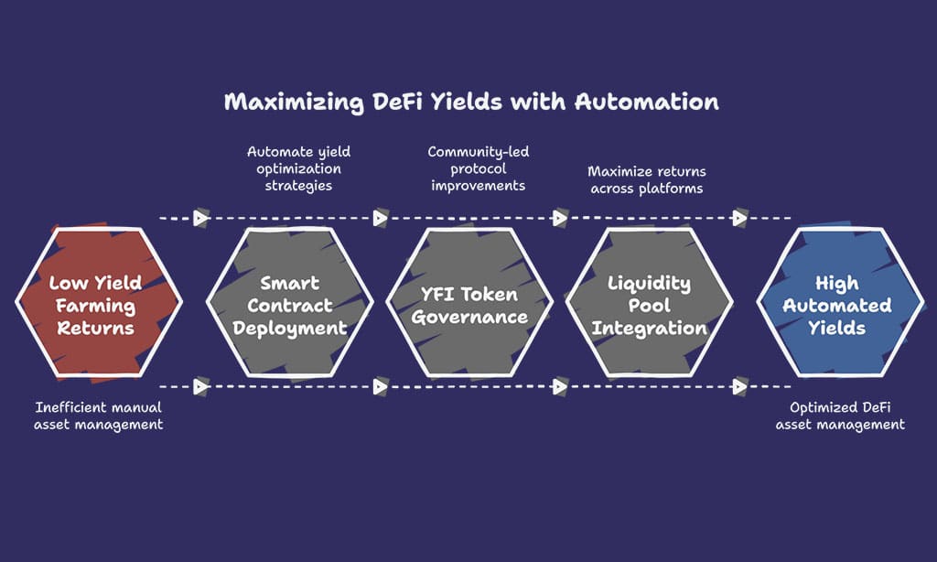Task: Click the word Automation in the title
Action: (646, 102)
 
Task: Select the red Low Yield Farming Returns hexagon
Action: (97, 304)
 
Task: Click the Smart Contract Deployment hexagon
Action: (290, 304)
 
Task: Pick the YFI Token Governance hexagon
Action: (469, 304)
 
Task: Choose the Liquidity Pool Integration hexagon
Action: (649, 304)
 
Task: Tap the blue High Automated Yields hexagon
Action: (837, 304)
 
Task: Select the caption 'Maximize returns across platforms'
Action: (646, 179)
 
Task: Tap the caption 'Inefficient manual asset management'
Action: (99, 416)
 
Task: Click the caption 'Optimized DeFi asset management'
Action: (840, 416)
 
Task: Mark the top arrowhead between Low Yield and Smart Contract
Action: (200, 219)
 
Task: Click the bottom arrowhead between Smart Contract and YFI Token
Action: (380, 387)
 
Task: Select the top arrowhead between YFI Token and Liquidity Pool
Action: (559, 219)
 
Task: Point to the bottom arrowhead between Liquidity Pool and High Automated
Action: (739, 387)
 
